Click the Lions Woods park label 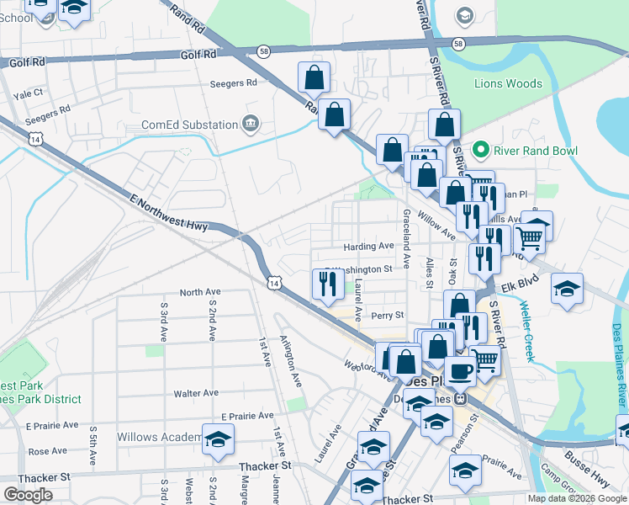[x=507, y=84]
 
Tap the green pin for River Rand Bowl [x=481, y=151]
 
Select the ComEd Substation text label [x=189, y=125]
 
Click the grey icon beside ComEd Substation [x=250, y=125]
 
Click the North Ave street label [x=200, y=292]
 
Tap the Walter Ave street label [x=195, y=393]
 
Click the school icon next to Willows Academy [x=218, y=440]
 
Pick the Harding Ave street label [x=368, y=247]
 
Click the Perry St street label [x=388, y=316]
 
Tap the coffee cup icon [x=459, y=369]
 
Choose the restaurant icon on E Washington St [x=325, y=284]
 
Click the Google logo [x=29, y=495]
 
